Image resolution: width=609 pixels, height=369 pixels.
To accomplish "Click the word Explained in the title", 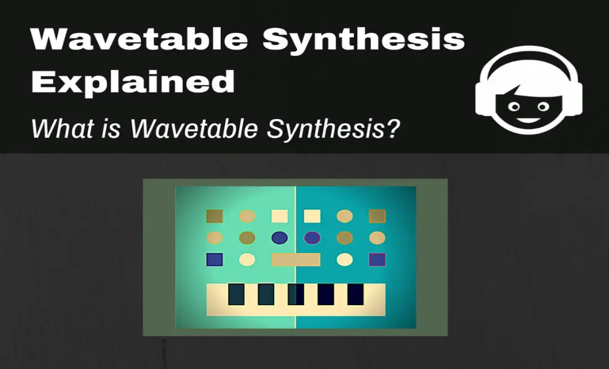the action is click(133, 82).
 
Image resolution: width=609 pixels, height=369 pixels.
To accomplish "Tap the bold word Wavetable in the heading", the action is click(139, 38).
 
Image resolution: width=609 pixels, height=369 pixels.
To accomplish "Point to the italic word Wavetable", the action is click(194, 128).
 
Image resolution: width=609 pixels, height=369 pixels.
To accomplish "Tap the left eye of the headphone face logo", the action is click(514, 107).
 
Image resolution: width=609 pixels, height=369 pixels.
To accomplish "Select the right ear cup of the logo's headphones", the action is click(573, 99).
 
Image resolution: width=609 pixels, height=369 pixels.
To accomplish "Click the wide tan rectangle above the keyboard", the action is click(296, 259).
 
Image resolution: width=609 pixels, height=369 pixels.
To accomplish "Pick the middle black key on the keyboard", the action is click(296, 294).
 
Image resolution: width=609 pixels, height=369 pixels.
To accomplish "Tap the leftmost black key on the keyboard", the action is click(236, 294).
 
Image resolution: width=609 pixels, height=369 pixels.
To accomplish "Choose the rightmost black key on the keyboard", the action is click(355, 294).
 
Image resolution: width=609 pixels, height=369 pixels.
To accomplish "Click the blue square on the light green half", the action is click(215, 259).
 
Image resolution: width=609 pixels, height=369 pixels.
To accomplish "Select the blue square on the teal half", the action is click(377, 259).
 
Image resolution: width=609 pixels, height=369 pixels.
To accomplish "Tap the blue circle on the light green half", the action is click(280, 238).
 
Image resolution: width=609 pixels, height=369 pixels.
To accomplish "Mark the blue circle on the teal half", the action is click(313, 238).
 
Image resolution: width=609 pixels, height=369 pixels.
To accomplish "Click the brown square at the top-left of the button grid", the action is click(215, 216).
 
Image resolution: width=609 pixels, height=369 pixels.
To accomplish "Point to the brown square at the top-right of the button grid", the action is click(377, 216).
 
